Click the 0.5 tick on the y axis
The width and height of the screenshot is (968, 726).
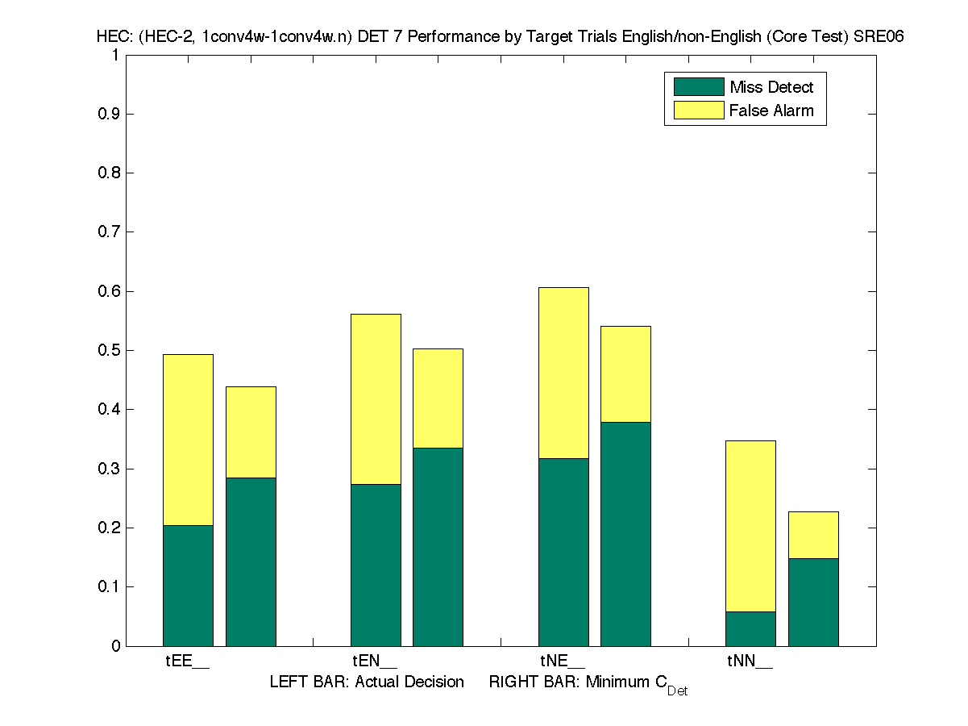[109, 351]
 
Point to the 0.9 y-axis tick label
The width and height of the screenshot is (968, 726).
[109, 115]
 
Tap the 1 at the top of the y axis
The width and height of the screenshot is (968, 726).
[115, 56]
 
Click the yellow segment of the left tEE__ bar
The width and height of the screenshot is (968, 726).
[188, 440]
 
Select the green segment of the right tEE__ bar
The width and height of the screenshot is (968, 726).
[251, 561]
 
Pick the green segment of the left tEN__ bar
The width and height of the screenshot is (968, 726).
[376, 565]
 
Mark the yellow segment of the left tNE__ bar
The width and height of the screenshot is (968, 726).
[563, 373]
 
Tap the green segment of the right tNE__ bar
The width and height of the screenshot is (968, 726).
[625, 533]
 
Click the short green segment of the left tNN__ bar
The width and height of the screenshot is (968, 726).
[750, 628]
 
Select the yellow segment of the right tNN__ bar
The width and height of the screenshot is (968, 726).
[813, 535]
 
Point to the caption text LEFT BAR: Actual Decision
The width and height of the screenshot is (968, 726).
[367, 682]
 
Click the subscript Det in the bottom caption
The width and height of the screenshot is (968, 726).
[677, 691]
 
